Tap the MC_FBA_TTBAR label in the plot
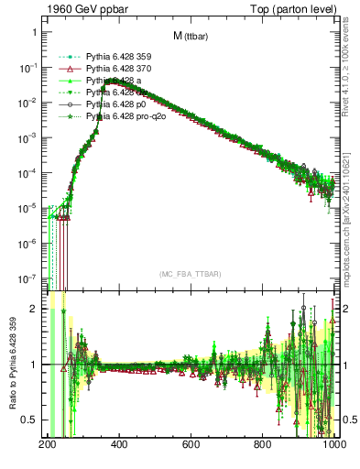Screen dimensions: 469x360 [x=190, y=275]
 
